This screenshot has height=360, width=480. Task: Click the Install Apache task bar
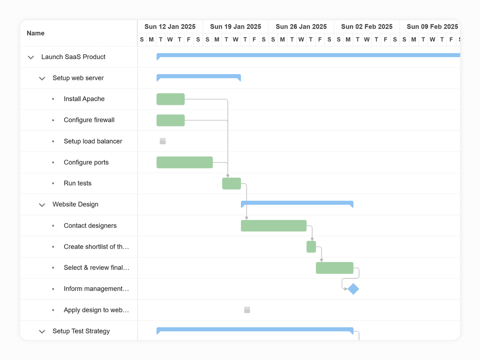tap(171, 99)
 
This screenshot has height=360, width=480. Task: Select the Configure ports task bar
tap(185, 162)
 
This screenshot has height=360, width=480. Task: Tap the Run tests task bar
tap(232, 183)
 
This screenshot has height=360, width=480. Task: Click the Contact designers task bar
tap(274, 225)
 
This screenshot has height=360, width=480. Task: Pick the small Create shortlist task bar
tap(311, 247)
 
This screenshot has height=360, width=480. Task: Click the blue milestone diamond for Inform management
tap(353, 289)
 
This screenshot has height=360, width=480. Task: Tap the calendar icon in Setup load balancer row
tap(163, 141)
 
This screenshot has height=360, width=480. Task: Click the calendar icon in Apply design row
tap(247, 310)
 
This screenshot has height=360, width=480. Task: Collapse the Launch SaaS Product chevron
tap(31, 57)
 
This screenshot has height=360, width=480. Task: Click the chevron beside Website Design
tap(42, 205)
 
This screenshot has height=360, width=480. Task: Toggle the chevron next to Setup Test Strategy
tap(42, 331)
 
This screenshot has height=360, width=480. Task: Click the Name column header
tap(36, 33)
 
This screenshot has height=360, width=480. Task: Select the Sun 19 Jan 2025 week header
tap(235, 27)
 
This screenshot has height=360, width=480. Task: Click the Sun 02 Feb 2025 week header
tap(367, 27)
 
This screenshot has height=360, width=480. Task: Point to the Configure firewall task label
tap(89, 120)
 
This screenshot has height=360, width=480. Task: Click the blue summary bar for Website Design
tap(297, 203)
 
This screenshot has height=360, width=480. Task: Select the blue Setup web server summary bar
tap(199, 76)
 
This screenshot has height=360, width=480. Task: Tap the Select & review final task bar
tap(335, 268)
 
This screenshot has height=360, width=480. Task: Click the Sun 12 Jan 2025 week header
tap(170, 27)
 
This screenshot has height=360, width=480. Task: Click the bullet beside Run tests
tap(53, 183)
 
